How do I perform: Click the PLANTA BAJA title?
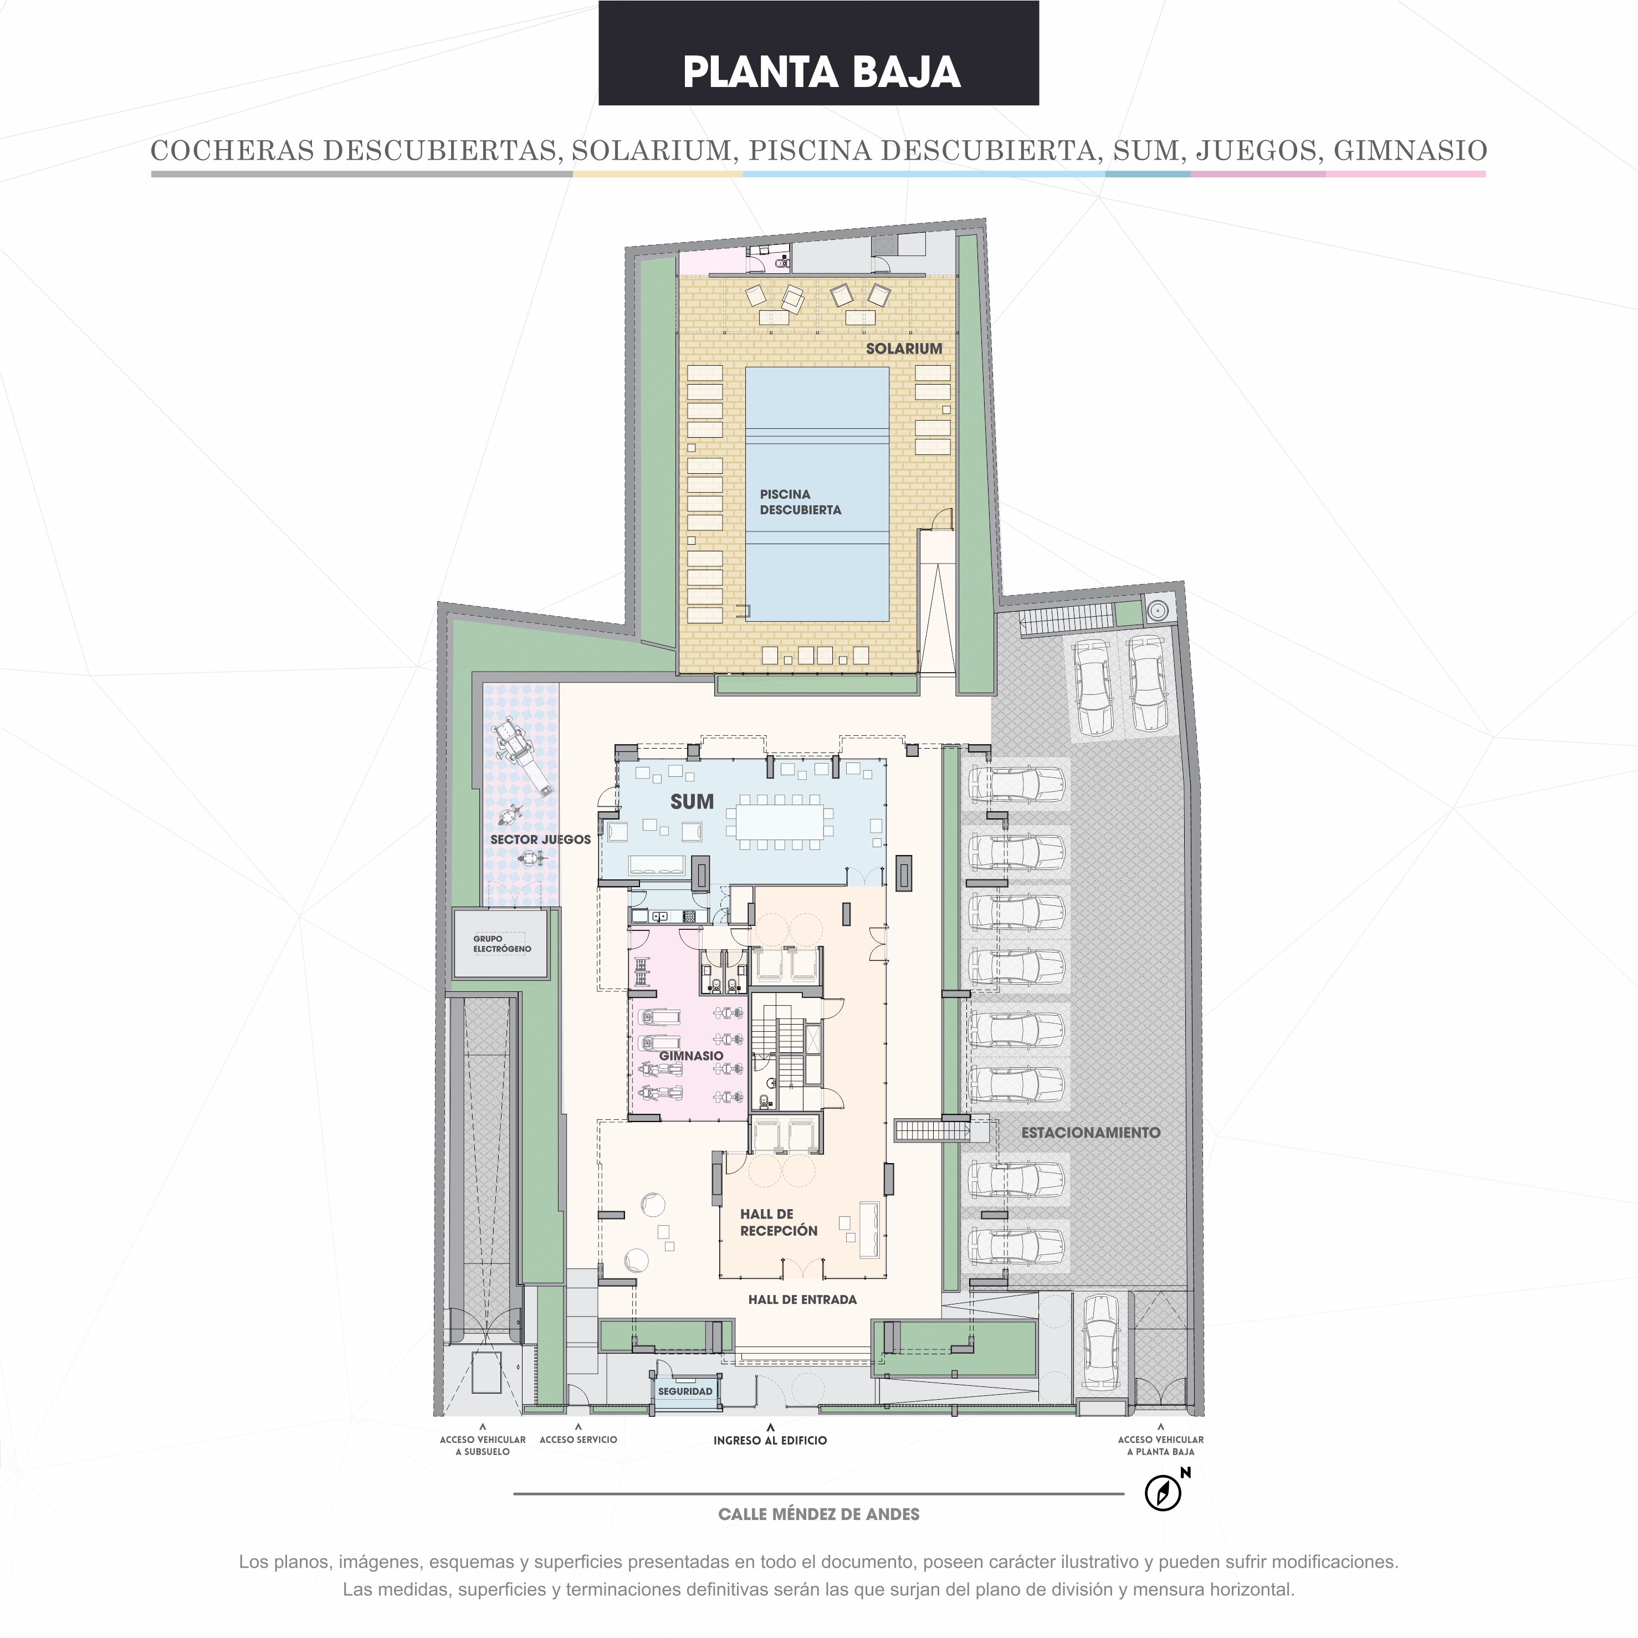[821, 72]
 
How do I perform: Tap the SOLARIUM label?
[904, 349]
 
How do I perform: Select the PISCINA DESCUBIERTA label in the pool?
[800, 502]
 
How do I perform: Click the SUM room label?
[692, 801]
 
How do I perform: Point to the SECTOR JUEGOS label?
[541, 840]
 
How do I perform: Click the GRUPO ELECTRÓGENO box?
[500, 944]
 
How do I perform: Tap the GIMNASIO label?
[691, 1056]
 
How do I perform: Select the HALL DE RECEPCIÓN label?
[779, 1222]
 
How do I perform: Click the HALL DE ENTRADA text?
[802, 1299]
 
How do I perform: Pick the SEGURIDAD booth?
[685, 1391]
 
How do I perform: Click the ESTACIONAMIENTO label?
[1091, 1132]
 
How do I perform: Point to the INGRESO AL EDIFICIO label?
[770, 1441]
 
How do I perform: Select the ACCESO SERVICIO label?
[578, 1440]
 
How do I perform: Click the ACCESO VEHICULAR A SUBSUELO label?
[483, 1446]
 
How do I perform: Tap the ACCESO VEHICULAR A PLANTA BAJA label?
[1161, 1446]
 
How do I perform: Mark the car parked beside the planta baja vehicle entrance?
[1100, 1342]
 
